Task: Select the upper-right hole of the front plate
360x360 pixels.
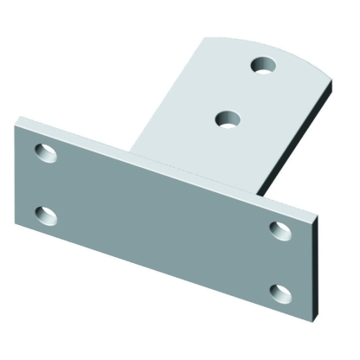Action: (279, 228)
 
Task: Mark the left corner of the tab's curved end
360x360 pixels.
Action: (204, 38)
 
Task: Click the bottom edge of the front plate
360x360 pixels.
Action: (164, 282)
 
